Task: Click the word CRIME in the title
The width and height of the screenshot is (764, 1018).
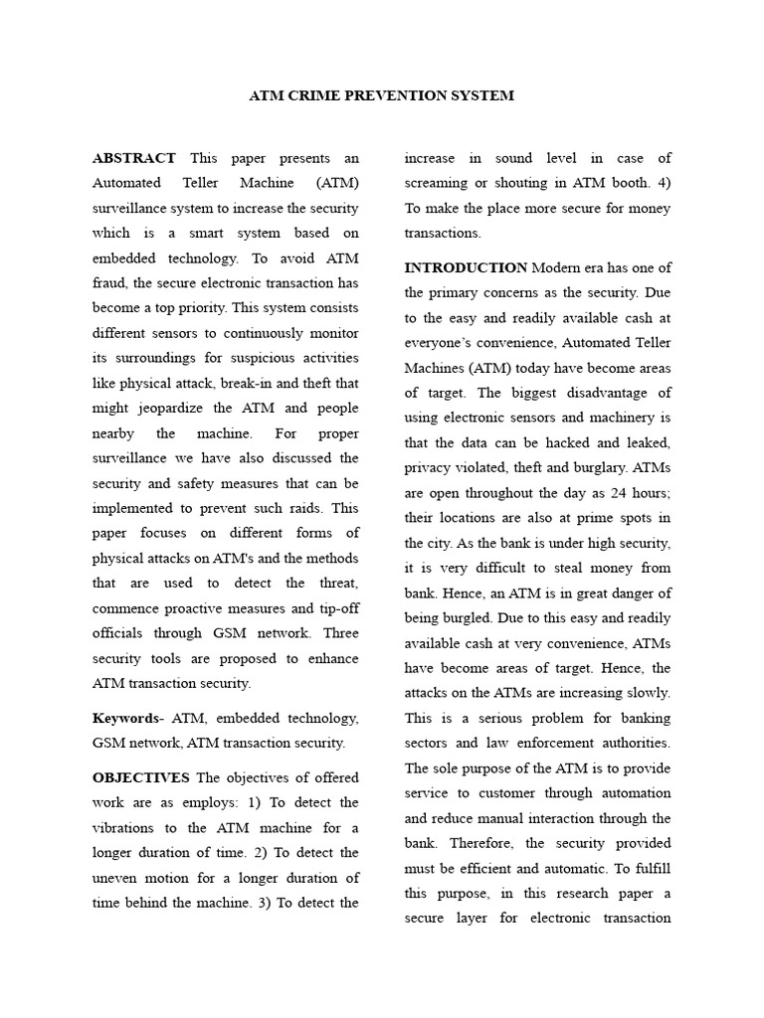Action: [x=310, y=96]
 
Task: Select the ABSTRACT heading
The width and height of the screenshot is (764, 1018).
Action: [x=133, y=158]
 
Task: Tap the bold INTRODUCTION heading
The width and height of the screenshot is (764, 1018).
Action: [x=466, y=267]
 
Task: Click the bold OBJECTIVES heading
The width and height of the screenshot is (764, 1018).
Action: [x=140, y=777]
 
